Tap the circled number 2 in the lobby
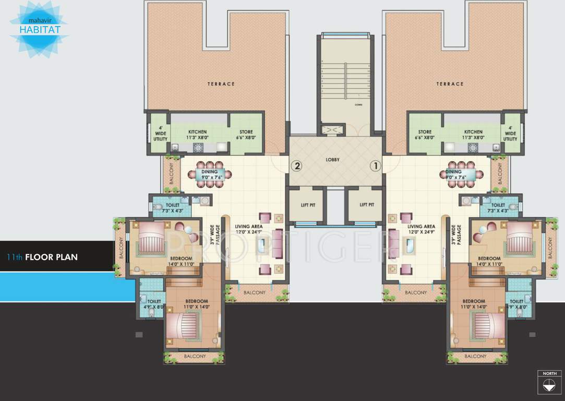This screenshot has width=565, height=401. (297, 167)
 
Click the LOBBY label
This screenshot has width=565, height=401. (333, 160)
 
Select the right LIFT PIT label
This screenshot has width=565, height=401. (367, 205)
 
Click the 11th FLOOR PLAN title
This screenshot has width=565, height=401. (43, 257)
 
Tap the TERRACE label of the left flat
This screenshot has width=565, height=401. (221, 84)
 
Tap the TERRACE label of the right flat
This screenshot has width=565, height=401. (450, 84)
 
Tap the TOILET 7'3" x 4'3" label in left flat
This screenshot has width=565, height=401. (173, 208)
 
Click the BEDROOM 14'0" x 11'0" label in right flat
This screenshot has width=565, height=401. (489, 261)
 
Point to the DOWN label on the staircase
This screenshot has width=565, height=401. (358, 105)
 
